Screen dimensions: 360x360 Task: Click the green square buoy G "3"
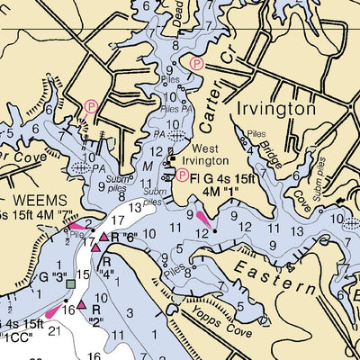70,283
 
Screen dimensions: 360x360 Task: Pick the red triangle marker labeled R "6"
103,237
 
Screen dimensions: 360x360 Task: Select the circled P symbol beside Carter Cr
197,61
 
